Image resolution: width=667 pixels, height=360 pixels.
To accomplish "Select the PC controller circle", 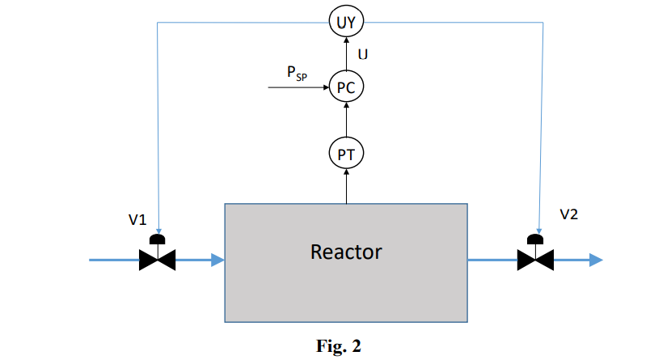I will (346, 87).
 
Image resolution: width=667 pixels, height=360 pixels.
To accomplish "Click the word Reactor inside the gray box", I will (345, 252).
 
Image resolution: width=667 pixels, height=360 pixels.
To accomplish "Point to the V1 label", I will (137, 220).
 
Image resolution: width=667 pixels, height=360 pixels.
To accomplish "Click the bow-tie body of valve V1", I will (158, 260).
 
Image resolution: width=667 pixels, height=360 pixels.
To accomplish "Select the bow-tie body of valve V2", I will (535, 260).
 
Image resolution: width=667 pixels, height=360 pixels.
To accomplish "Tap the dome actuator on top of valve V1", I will (158, 239).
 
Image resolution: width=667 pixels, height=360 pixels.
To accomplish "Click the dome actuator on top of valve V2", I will (535, 239).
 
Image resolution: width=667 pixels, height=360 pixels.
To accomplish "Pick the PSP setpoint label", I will (297, 72).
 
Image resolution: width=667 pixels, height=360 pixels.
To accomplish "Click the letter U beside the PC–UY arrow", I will (363, 55).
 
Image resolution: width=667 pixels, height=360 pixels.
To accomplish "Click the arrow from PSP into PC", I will (299, 87).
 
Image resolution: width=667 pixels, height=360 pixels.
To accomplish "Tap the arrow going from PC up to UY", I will (346, 54).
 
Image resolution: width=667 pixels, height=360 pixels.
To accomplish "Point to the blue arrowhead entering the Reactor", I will (217, 260).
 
